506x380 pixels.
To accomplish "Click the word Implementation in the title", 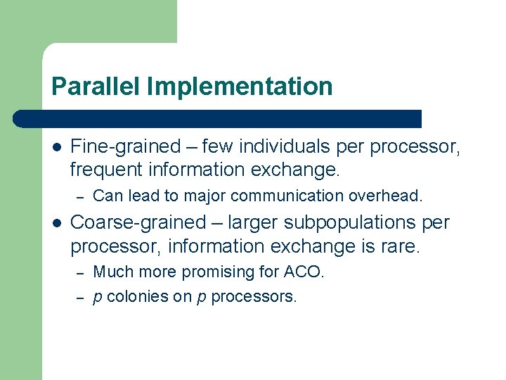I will click(240, 87).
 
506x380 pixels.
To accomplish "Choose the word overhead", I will click(391, 196).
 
